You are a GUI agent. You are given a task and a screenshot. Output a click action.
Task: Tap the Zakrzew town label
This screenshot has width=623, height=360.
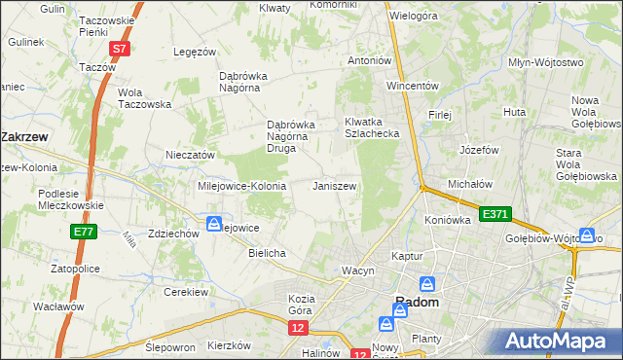click(x=26, y=137)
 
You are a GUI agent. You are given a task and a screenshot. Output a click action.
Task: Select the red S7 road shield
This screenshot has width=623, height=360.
click(x=119, y=48)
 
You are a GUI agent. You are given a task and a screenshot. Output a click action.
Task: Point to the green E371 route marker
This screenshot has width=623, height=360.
click(x=494, y=213)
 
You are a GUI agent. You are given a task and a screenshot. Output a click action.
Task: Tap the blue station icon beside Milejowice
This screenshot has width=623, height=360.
click(x=213, y=225)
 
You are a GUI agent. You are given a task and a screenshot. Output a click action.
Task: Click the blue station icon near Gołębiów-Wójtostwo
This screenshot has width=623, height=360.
click(x=587, y=234)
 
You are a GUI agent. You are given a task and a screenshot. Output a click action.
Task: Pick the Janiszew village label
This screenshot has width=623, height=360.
click(x=334, y=185)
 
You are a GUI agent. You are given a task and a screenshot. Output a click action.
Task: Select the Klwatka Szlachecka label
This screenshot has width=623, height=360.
click(x=373, y=127)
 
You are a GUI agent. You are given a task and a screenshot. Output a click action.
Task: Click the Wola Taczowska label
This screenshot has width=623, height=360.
click(x=144, y=98)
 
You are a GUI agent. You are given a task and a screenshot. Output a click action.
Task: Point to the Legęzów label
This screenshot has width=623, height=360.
click(x=192, y=52)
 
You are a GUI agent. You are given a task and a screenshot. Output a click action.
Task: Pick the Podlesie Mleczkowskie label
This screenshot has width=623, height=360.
click(x=72, y=199)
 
